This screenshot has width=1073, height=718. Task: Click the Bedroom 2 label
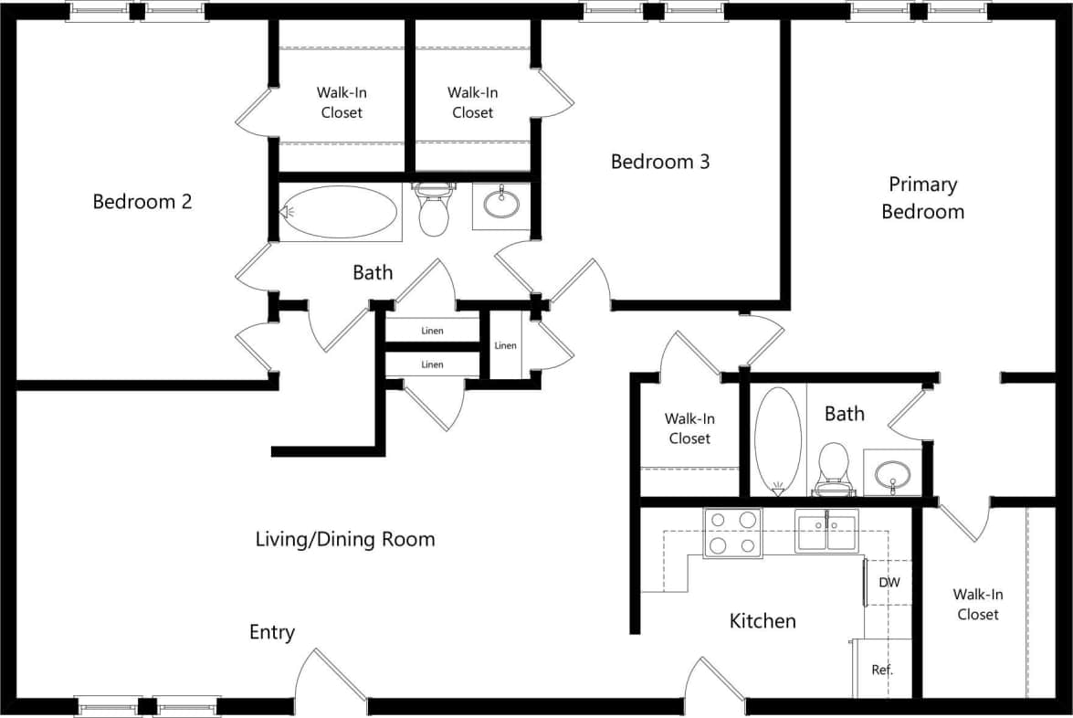[x=142, y=202]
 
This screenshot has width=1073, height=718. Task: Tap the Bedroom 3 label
[x=660, y=162]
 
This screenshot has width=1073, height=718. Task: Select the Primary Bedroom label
[x=922, y=198]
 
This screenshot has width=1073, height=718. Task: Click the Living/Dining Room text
[x=345, y=540]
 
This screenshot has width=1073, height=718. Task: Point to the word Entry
[x=272, y=633]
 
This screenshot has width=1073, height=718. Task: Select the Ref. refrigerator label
[x=881, y=670]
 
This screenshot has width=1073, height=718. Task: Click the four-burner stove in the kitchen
[x=732, y=533]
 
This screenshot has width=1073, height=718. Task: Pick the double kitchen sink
[x=826, y=532]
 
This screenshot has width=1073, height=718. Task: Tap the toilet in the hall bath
[x=434, y=211]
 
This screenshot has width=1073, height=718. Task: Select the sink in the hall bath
[x=501, y=204]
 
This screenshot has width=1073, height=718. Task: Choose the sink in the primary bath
[x=891, y=474]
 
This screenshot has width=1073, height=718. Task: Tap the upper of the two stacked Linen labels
[x=432, y=331]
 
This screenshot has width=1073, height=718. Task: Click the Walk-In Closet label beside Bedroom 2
[x=342, y=102]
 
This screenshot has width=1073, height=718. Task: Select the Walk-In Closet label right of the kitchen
[x=978, y=605]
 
